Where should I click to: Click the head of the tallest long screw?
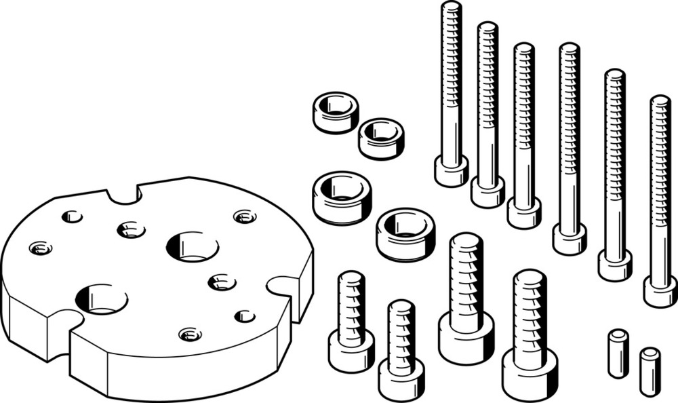pyautogui.click(x=452, y=171)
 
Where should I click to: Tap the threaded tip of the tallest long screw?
pyautogui.click(x=451, y=10)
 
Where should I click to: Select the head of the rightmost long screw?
pyautogui.click(x=660, y=291)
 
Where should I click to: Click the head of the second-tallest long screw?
pyautogui.click(x=488, y=191)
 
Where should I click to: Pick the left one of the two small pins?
pyautogui.click(x=618, y=353)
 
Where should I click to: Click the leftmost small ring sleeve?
pyautogui.click(x=336, y=112)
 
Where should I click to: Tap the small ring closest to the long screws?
pyautogui.click(x=381, y=138)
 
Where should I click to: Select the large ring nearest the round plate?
pyautogui.click(x=342, y=197)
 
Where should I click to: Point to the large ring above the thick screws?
pyautogui.click(x=405, y=233)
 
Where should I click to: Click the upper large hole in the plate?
pyautogui.click(x=192, y=246)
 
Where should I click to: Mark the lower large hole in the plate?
pyautogui.click(x=102, y=299)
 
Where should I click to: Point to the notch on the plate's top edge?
pyautogui.click(x=123, y=194)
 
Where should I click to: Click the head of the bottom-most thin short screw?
pyautogui.click(x=401, y=377)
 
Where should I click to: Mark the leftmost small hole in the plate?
pyautogui.click(x=41, y=248)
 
